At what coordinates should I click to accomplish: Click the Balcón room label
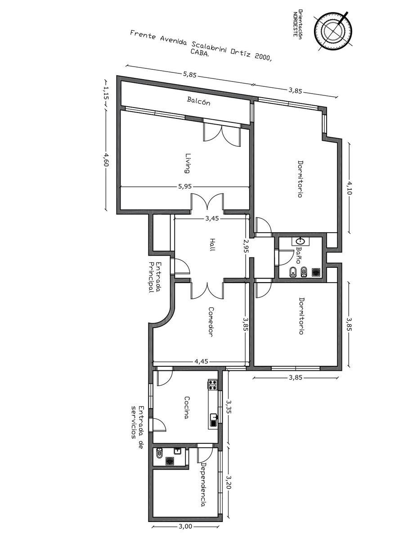tap(198, 101)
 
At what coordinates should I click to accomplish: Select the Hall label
tap(212, 245)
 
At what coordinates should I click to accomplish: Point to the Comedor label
tap(211, 322)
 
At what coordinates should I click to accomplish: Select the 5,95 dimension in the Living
tap(185, 186)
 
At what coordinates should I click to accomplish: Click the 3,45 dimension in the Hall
tap(212, 218)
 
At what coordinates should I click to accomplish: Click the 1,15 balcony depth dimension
tap(106, 93)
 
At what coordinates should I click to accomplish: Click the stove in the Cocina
tap(213, 385)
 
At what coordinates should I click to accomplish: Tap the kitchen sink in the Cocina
tap(214, 420)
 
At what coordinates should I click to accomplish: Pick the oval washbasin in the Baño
tap(300, 241)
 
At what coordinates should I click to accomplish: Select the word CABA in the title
tap(199, 53)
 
